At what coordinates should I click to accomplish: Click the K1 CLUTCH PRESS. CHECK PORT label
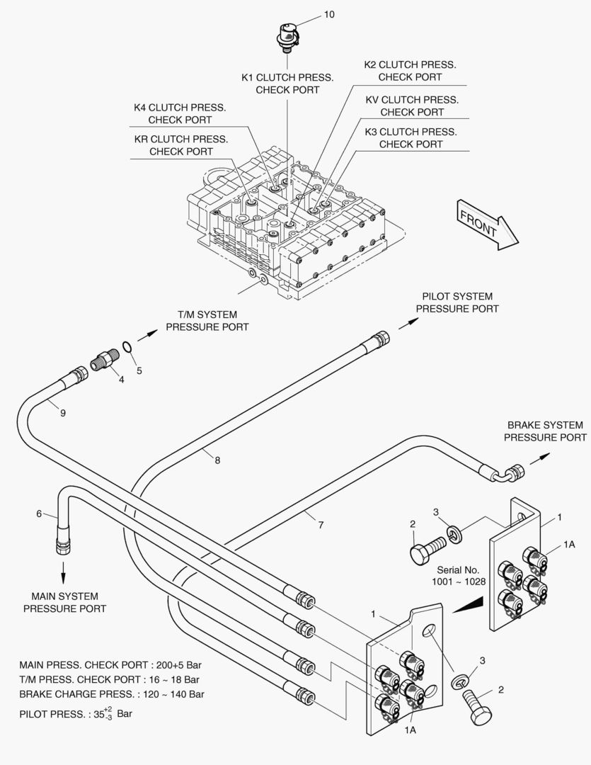pyautogui.click(x=287, y=84)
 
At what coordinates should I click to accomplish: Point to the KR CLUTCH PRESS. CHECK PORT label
pyautogui.click(x=181, y=145)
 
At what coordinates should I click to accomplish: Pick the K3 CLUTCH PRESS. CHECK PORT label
pyautogui.click(x=411, y=138)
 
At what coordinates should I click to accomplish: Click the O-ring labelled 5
pyautogui.click(x=126, y=347)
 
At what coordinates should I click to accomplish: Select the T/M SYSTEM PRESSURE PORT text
pyautogui.click(x=207, y=321)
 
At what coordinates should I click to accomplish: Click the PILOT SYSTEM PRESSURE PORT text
pyautogui.click(x=457, y=302)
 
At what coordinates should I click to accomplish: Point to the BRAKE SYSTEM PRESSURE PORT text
pyautogui.click(x=545, y=431)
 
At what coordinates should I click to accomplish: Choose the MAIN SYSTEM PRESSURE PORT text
pyautogui.click(x=64, y=602)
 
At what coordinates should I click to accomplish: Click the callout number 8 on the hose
pyautogui.click(x=217, y=460)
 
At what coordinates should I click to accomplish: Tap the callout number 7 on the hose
pyautogui.click(x=321, y=525)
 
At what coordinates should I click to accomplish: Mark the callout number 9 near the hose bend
pyautogui.click(x=63, y=413)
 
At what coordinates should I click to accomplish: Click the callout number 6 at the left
pyautogui.click(x=39, y=514)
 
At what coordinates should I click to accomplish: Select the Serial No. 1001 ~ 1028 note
pyautogui.click(x=458, y=575)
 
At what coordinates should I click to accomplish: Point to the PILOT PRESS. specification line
pyautogui.click(x=76, y=713)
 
